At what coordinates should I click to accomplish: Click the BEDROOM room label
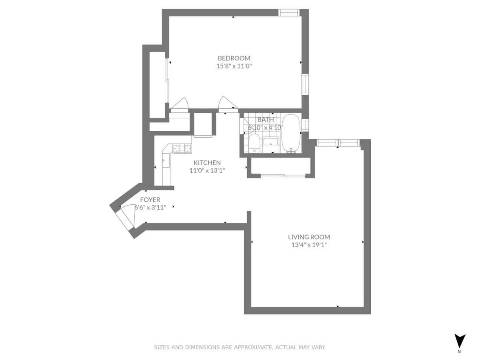coord(234,58)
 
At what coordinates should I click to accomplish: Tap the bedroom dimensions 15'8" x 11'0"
coord(234,66)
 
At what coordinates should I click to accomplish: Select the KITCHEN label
coord(207,163)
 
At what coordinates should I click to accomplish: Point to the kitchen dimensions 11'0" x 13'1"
coord(207,170)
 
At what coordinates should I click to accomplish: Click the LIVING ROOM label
coord(311,237)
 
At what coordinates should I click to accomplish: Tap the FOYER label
coord(150,200)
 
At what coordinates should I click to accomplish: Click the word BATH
coord(266,120)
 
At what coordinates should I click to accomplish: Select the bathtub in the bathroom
coord(291,133)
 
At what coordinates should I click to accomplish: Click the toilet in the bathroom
coord(254,143)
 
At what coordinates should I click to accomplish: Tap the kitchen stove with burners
coord(182,149)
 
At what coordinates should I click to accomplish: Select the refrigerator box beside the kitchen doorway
coord(203,125)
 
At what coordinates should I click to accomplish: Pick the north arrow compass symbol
coord(460,341)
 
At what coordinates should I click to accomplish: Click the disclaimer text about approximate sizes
coord(240,347)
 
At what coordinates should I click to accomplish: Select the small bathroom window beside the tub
coord(305,125)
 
